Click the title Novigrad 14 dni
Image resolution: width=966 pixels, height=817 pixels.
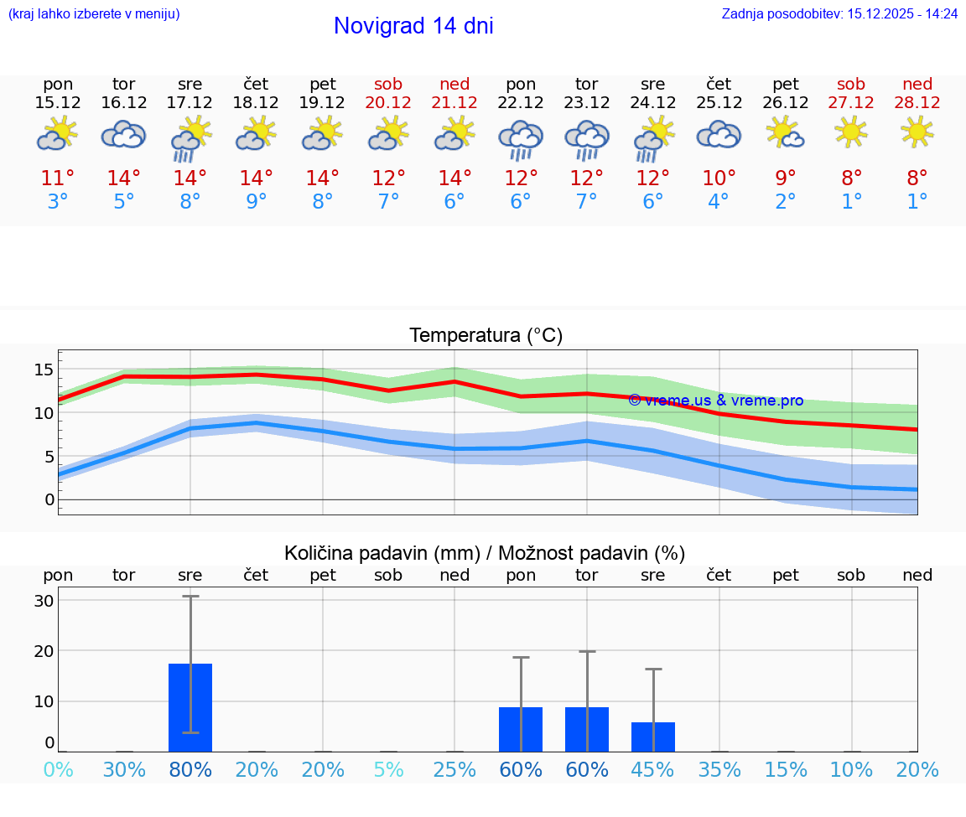pyautogui.click(x=413, y=26)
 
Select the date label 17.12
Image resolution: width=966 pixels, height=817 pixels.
pyautogui.click(x=190, y=103)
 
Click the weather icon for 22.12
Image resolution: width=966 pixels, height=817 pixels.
pyautogui.click(x=521, y=139)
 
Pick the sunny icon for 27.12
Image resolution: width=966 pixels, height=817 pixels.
pyautogui.click(x=851, y=132)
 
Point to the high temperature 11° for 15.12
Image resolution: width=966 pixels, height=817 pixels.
pyautogui.click(x=58, y=178)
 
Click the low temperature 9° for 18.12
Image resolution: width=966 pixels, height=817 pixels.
pyautogui.click(x=257, y=202)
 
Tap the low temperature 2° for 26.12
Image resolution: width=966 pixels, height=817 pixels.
pyautogui.click(x=786, y=202)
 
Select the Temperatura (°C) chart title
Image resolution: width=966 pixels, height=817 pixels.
pyautogui.click(x=486, y=336)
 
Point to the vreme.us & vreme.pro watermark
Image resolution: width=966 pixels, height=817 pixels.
pyautogui.click(x=715, y=401)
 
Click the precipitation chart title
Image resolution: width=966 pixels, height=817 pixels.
pyautogui.click(x=485, y=553)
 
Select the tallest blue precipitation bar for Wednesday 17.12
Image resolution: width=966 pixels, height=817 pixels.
pyautogui.click(x=190, y=707)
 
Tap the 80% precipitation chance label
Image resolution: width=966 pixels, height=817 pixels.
pyautogui.click(x=190, y=770)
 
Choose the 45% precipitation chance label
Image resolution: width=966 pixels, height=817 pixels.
pyautogui.click(x=653, y=770)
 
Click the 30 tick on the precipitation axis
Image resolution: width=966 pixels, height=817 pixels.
pyautogui.click(x=44, y=601)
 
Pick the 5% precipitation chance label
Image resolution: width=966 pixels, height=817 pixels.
pyautogui.click(x=389, y=770)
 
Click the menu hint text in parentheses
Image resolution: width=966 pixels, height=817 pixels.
pyautogui.click(x=94, y=13)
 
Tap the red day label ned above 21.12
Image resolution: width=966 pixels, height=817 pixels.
pyautogui.click(x=454, y=84)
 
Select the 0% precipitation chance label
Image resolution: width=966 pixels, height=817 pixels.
pyautogui.click(x=58, y=770)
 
